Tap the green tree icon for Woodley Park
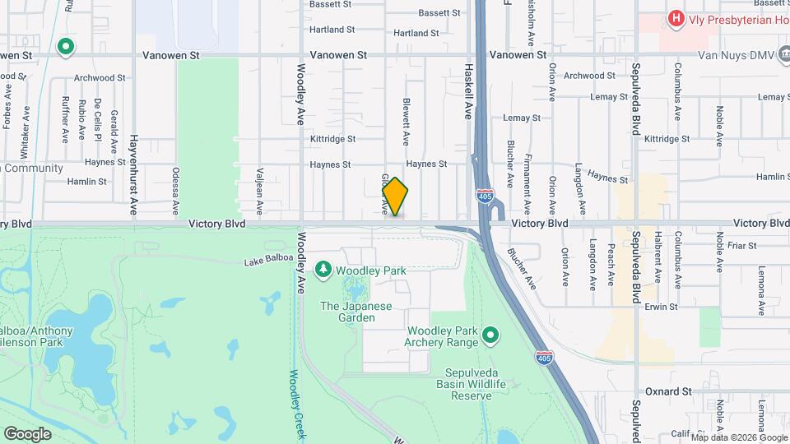[323, 270]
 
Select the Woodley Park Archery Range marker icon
[491, 335]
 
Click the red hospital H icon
[676, 18]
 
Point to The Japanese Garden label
[356, 312]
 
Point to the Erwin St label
[661, 307]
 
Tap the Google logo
[27, 433]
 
